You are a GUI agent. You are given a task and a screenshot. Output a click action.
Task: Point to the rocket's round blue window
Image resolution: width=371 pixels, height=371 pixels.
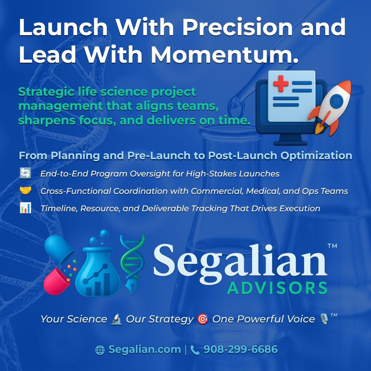coord(337,100)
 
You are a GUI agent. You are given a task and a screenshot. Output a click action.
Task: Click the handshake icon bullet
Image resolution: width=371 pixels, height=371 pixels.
coord(25,191)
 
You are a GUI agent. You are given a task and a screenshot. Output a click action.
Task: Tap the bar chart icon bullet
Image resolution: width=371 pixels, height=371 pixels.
coord(25,208)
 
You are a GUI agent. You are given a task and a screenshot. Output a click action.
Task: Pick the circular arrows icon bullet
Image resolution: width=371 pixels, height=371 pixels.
coord(25,173)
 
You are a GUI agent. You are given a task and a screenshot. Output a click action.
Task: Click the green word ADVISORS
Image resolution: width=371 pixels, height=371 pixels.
coord(277,288)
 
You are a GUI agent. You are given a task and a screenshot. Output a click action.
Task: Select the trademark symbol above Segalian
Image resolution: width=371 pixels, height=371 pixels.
coord(332,246)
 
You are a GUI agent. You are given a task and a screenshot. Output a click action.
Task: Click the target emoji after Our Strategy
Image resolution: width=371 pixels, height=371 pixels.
coord(203,319)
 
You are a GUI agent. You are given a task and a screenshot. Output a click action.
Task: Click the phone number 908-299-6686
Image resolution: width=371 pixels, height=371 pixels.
coord(240,350)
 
